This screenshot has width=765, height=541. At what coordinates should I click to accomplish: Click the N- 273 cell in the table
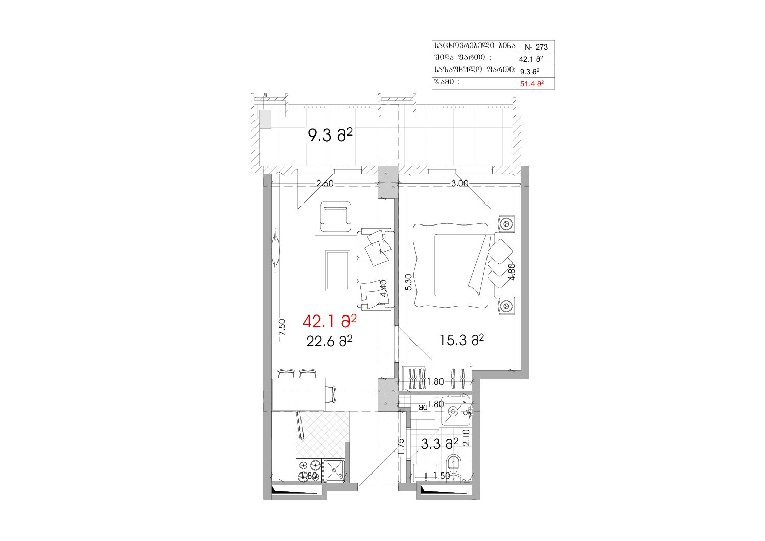pos(536,47)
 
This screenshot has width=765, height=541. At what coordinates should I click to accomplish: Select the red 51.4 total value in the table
pos(532,84)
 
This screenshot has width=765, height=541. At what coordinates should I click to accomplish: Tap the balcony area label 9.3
pos(330,136)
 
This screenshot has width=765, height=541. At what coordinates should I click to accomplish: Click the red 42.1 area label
pos(330,321)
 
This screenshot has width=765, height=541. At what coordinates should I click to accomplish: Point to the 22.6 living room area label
pos(329,341)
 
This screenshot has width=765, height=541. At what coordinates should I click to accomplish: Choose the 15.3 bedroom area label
pos(462,340)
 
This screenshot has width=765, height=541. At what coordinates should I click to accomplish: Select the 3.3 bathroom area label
pos(439,444)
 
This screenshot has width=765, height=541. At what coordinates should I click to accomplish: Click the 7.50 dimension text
pos(282,327)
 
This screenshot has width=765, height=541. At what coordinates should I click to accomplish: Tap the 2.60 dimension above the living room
pos(325,184)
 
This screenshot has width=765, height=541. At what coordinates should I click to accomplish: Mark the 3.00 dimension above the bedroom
pos(460,184)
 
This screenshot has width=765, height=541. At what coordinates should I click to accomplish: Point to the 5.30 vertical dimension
pos(408,282)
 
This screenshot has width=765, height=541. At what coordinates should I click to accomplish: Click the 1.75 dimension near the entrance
pos(401,446)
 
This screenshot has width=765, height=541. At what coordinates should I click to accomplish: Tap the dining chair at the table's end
pos(92,394)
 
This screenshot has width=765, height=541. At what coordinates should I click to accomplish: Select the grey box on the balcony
pos(265,119)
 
